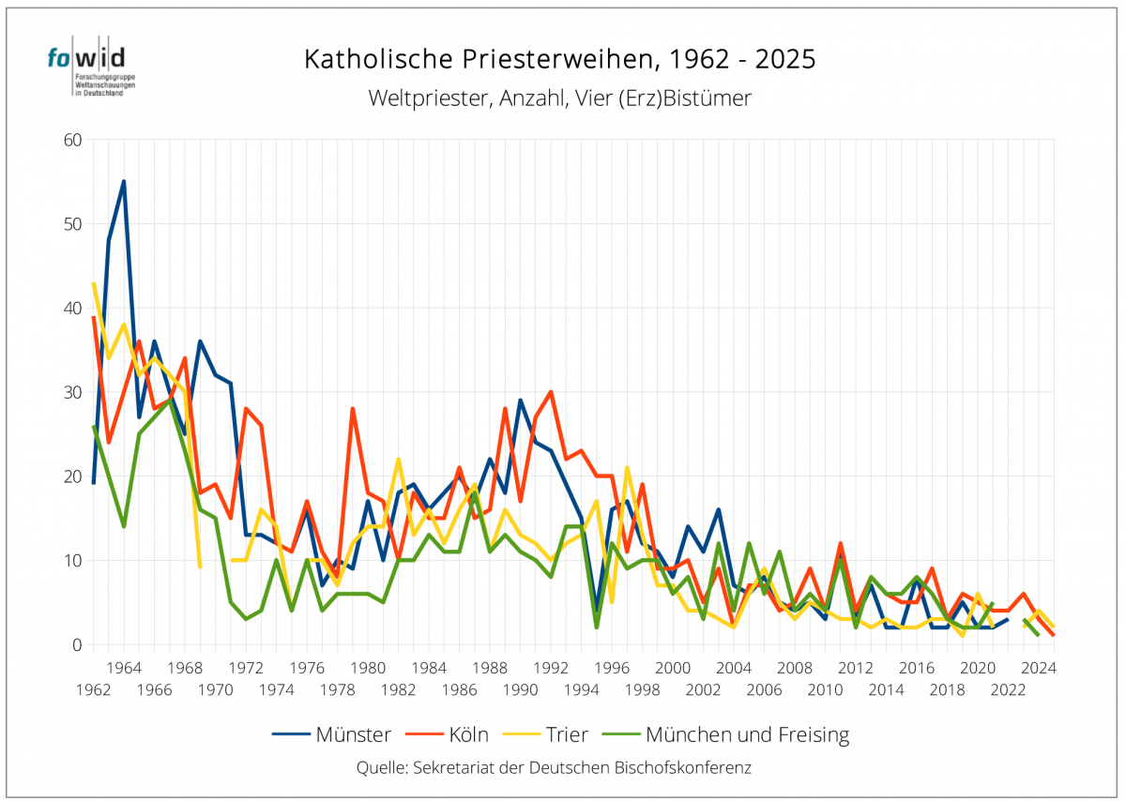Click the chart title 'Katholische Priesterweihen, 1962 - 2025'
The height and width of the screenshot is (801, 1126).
560,60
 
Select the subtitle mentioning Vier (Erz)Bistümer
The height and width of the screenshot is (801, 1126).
560,98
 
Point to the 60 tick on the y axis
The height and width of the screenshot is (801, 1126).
73,140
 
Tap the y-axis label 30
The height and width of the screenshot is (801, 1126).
73,392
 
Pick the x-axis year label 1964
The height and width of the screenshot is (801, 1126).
124,668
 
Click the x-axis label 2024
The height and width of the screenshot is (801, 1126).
1039,668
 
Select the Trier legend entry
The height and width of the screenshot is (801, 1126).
546,734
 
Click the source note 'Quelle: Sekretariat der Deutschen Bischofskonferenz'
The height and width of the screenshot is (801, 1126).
554,767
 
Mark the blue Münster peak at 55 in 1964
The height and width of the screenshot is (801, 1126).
124,182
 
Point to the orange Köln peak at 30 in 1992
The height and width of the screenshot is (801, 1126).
551,392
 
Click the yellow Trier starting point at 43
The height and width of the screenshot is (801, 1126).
94,283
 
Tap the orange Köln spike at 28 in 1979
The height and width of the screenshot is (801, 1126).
353,409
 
